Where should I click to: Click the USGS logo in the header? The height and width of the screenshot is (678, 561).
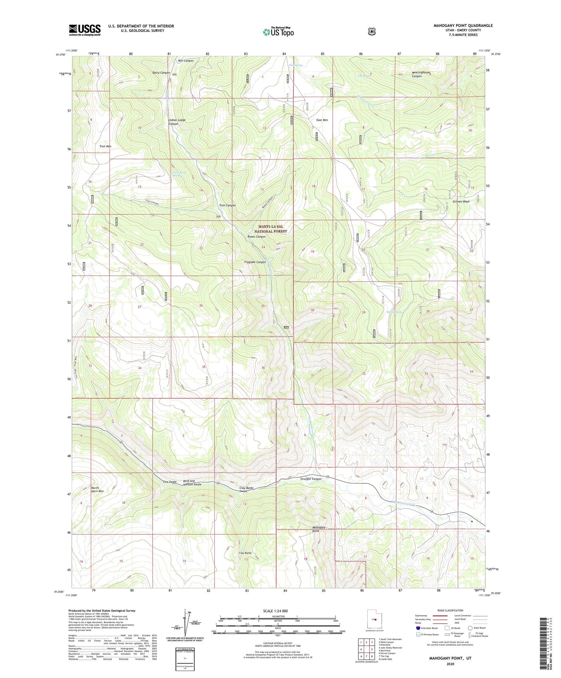(85, 30)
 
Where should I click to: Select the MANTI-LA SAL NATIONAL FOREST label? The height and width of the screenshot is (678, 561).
(271, 229)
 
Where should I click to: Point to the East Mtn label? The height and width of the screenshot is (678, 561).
(322, 120)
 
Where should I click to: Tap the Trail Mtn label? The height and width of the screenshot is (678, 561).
(105, 146)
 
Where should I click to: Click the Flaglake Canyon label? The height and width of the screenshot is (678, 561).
(255, 262)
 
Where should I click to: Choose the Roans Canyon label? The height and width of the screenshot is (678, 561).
(257, 236)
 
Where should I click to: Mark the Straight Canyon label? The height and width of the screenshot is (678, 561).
(311, 479)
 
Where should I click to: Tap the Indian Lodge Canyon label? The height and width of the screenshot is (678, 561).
(177, 122)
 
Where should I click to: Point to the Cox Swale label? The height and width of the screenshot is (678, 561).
(170, 482)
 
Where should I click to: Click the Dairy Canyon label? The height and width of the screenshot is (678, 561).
(161, 73)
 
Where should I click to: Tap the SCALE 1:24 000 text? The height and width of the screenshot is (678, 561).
(275, 611)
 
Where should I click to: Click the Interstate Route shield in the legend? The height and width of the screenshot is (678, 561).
(418, 628)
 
